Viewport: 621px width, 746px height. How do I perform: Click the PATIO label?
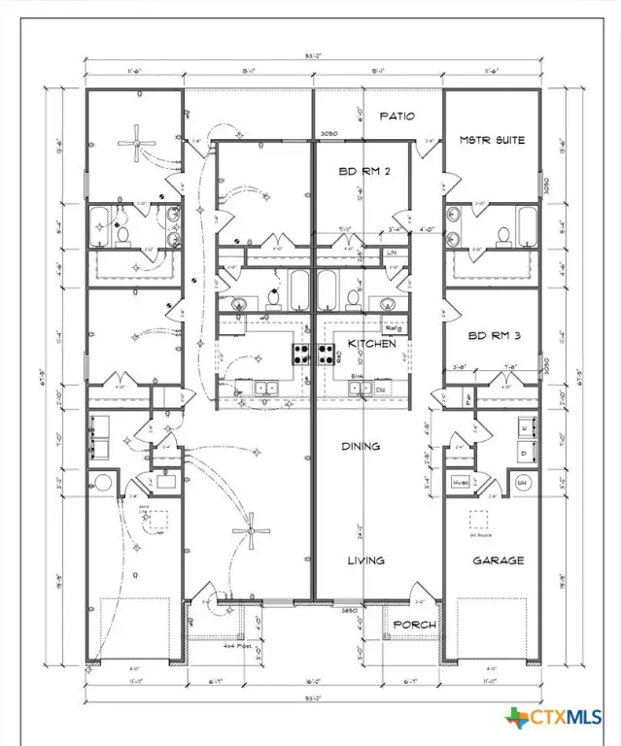click(396, 117)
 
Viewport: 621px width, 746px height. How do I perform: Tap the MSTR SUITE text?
click(492, 140)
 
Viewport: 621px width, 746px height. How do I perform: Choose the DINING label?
click(361, 446)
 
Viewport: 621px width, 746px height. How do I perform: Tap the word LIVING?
click(366, 560)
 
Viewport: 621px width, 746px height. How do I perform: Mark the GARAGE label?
click(499, 560)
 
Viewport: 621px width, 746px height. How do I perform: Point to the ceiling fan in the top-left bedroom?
click(134, 144)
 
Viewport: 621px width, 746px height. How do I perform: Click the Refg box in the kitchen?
click(395, 328)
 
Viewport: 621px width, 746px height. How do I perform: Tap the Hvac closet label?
click(460, 483)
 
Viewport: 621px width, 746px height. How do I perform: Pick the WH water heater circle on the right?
click(522, 482)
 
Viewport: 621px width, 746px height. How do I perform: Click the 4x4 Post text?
click(208, 645)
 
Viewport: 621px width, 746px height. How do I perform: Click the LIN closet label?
click(392, 253)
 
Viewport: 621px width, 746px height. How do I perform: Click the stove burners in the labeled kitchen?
click(328, 352)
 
